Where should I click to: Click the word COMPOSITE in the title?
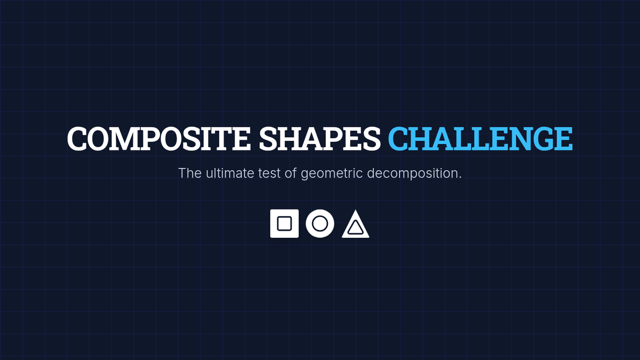tap(159, 139)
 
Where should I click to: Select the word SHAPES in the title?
tap(319, 139)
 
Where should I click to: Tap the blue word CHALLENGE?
tap(481, 139)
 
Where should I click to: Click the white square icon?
tap(284, 223)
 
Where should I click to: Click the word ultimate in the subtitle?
tap(230, 173)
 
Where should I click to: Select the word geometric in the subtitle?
tap(332, 174)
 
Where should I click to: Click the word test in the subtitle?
tap(269, 174)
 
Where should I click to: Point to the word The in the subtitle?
tap(190, 173)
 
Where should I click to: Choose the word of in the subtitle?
tap(291, 173)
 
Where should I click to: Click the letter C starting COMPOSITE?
tap(77, 139)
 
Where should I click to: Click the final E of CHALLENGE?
tap(563, 139)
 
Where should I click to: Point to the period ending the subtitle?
tap(460, 178)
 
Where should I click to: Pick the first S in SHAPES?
tap(268, 139)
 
